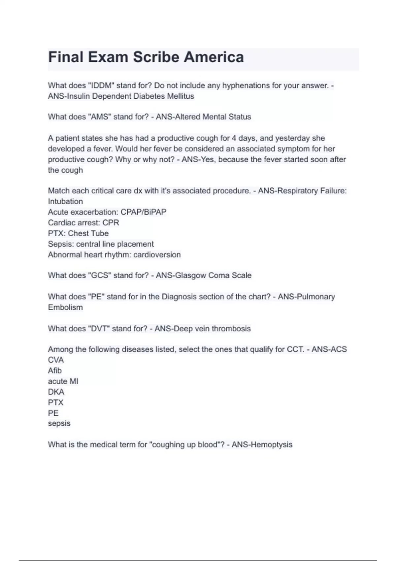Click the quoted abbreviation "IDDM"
pyautogui.click(x=101, y=85)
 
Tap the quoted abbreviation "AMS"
pyautogui.click(x=99, y=117)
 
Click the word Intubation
pyautogui.click(x=65, y=202)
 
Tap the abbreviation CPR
pyautogui.click(x=111, y=223)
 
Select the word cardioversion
pyautogui.click(x=157, y=255)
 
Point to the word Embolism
pyautogui.click(x=65, y=308)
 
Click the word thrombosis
pyautogui.click(x=231, y=329)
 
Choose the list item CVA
pyautogui.click(x=56, y=360)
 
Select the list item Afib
pyautogui.click(x=55, y=371)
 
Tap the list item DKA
pyautogui.click(x=56, y=392)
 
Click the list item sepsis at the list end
pyautogui.click(x=59, y=423)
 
